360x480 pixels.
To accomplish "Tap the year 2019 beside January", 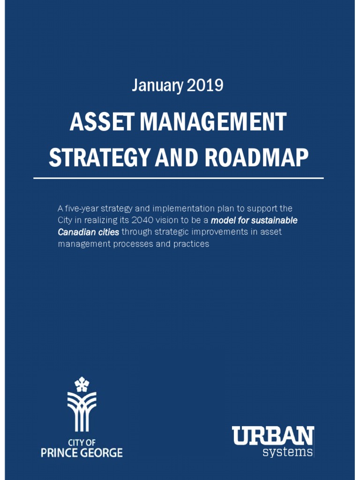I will (x=205, y=86).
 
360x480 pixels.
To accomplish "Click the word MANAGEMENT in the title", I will (x=213, y=123).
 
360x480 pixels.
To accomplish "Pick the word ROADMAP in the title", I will (x=256, y=158).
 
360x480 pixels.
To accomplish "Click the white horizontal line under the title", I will (x=179, y=179).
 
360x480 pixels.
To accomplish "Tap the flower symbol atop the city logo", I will (x=82, y=384).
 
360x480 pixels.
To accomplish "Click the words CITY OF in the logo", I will (x=82, y=442).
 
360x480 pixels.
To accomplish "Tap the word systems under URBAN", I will (x=287, y=452).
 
